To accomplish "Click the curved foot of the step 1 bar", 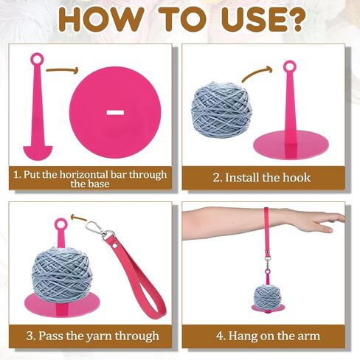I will (x=37, y=151).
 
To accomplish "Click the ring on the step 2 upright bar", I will (x=289, y=68).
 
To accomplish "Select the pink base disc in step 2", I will (x=288, y=147).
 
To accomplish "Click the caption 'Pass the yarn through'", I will (x=92, y=336).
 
